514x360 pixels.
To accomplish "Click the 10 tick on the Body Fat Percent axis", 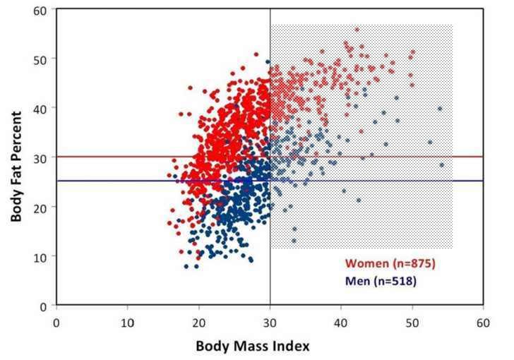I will click(44, 256).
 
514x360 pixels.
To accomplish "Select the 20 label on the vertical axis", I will click(44, 207).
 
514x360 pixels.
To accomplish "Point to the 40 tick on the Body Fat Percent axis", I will click(44, 108).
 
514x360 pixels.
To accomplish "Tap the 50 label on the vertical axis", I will click(44, 59).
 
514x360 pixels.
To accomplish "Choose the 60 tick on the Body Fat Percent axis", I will click(44, 10).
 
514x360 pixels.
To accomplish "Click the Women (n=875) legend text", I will click(390, 264).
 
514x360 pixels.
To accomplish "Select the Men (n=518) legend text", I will click(381, 281).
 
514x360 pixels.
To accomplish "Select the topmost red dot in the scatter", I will click(357, 30).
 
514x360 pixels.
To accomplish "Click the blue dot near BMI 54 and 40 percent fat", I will click(439, 109).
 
